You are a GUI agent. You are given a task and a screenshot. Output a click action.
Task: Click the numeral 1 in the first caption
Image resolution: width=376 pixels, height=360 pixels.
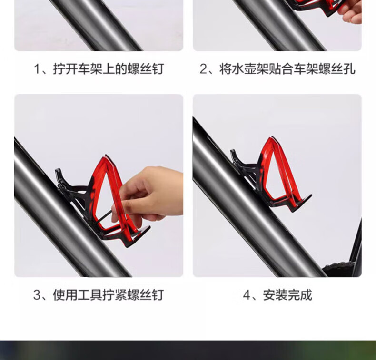tap(37, 69)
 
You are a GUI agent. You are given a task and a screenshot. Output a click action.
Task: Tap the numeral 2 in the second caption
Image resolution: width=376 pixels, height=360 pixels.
tap(203, 69)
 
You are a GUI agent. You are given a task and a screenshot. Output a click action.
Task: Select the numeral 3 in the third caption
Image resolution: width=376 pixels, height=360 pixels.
tap(37, 295)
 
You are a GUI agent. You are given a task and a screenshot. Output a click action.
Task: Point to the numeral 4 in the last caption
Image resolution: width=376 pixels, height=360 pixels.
tap(247, 295)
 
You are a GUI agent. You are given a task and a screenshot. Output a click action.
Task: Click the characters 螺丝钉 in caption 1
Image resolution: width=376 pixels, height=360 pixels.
tap(146, 69)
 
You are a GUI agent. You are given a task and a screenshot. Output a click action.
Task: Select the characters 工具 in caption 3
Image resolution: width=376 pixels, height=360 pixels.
tap(89, 295)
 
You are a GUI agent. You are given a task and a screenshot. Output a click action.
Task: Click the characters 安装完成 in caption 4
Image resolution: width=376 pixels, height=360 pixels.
tap(287, 295)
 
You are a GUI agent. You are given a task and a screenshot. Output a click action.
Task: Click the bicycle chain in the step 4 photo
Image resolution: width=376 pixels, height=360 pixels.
tap(338, 268)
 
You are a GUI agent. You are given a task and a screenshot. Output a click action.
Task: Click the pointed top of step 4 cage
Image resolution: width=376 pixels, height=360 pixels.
tap(272, 137)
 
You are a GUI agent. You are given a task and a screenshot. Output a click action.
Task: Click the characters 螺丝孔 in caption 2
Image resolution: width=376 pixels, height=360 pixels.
tap(336, 69)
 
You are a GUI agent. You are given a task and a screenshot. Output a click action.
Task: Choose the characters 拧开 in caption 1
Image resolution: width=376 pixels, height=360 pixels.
tap(65, 69)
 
